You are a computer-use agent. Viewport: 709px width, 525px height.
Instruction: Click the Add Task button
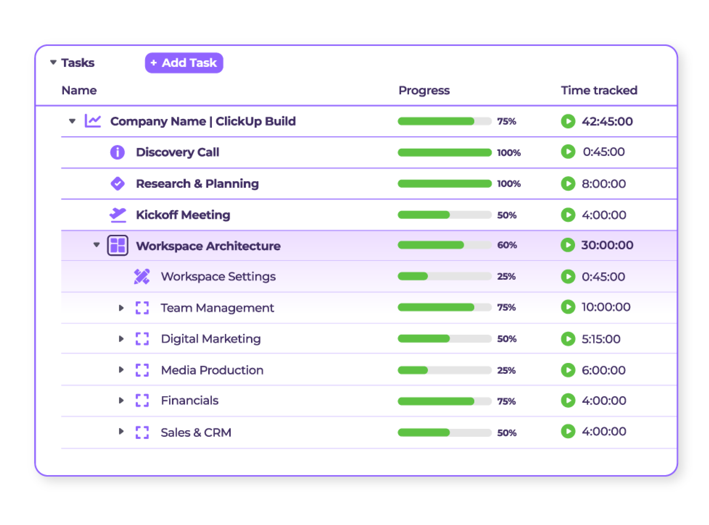coord(184,63)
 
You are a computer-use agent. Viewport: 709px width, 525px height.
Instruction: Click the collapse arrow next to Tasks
coord(53,62)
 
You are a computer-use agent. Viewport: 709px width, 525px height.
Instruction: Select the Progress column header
coord(424,91)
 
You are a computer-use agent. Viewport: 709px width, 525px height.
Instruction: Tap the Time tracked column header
coord(599,91)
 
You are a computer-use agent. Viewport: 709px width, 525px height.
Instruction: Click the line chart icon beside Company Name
coord(93,121)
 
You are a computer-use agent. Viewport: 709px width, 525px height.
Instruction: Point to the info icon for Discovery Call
coord(117,152)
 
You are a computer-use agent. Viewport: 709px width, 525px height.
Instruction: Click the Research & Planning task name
coord(197,184)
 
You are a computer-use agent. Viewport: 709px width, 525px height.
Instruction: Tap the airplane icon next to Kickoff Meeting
coord(118,215)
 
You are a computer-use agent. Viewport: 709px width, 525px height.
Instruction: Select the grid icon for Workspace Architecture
coord(118,245)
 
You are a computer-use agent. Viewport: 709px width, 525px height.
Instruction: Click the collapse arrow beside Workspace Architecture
coord(97,245)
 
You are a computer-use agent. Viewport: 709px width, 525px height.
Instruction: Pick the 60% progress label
coord(507,245)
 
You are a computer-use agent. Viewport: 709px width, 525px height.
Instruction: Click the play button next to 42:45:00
coord(568,121)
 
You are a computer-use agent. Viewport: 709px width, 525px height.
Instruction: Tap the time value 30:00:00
coord(607,245)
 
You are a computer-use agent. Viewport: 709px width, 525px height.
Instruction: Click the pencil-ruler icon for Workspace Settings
coord(142,276)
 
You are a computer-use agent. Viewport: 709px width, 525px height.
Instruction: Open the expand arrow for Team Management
coord(121,308)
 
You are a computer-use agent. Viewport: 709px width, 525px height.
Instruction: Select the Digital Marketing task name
coord(211,339)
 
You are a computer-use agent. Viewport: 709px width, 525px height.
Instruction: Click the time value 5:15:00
coord(601,339)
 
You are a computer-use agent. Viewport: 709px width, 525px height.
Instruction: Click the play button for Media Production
coord(568,370)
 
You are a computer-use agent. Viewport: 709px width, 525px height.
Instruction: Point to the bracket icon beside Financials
coord(142,401)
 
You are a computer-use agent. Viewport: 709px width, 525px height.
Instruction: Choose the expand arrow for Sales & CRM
coord(121,431)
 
